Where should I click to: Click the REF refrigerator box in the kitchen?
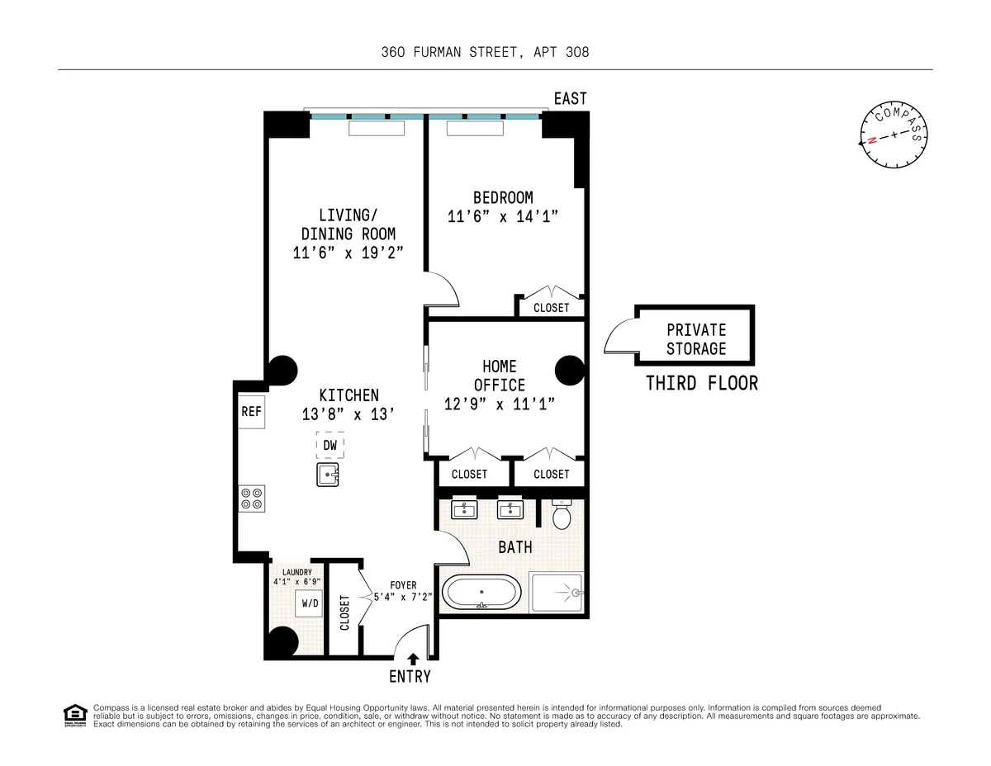click(x=251, y=412)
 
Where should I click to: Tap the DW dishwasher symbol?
click(x=330, y=446)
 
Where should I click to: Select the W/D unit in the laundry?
click(x=310, y=603)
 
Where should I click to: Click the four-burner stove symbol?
click(x=252, y=498)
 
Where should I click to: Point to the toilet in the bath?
click(x=562, y=515)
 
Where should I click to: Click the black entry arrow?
click(x=411, y=658)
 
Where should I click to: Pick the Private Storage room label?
click(x=695, y=339)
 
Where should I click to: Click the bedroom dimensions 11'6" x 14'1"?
click(x=503, y=217)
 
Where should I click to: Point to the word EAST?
click(x=570, y=99)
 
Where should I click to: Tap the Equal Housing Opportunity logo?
click(x=75, y=715)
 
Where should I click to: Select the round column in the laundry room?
click(x=282, y=641)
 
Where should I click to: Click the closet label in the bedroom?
click(x=551, y=308)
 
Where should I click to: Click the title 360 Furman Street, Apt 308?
click(x=485, y=53)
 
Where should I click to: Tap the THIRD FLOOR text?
click(x=701, y=384)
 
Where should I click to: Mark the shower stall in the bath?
click(x=557, y=593)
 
